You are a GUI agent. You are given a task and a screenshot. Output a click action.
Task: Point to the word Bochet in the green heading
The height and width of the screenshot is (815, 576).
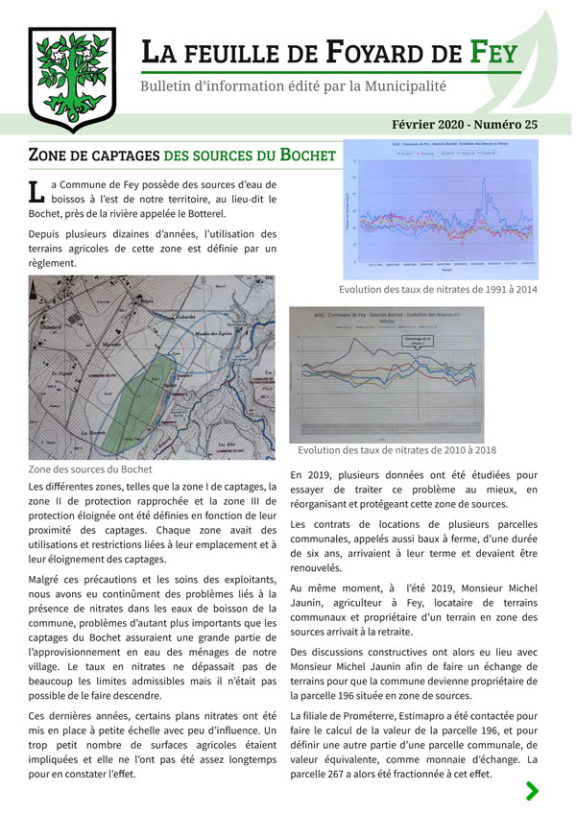coord(307,155)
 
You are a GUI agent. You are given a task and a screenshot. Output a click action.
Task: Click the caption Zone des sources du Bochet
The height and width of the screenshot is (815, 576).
coord(90,470)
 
